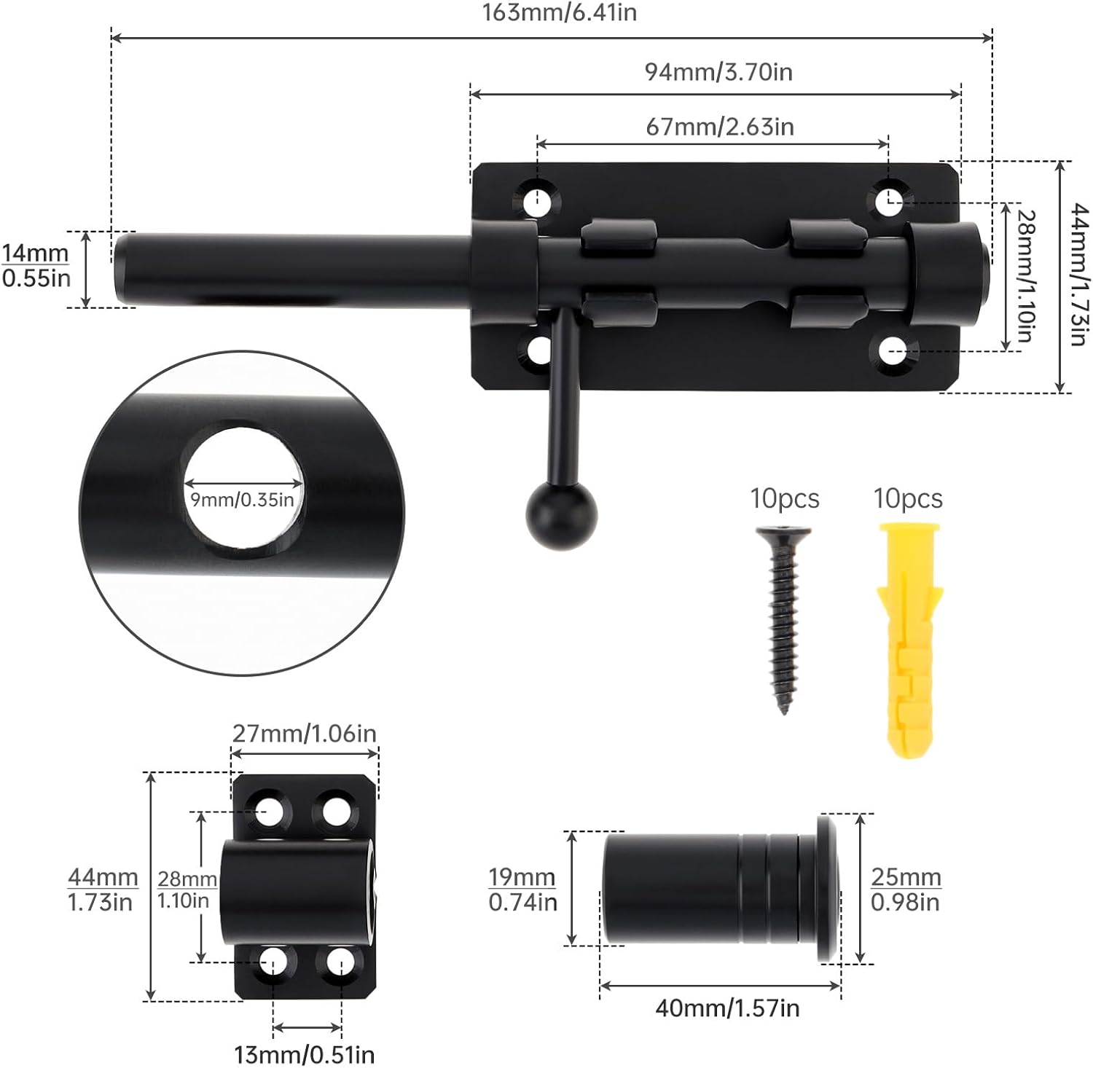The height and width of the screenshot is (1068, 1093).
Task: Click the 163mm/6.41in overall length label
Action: pos(559,13)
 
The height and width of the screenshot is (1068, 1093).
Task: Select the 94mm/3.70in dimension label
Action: pos(718,71)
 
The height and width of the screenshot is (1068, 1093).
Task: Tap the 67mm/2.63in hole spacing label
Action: pos(719,127)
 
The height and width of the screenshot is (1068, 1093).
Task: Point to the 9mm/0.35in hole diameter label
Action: pos(243,500)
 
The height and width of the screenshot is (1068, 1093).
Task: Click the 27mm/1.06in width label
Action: pos(305,733)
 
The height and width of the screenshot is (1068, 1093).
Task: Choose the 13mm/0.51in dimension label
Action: pos(304,1054)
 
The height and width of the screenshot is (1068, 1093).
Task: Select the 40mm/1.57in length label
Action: pos(726,1008)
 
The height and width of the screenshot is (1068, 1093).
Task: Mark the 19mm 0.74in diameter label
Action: pos(522,890)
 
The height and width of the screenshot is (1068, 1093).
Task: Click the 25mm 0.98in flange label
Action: pos(906,890)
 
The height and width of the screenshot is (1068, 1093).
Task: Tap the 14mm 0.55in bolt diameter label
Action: pos(36,266)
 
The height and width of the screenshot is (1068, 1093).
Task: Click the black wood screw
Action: pos(780,619)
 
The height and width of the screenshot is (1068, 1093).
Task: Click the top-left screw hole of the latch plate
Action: pos(538,199)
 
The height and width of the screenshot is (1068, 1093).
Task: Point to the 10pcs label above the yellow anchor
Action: pos(908,499)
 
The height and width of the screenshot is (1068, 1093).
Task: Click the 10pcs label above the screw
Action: pos(785,499)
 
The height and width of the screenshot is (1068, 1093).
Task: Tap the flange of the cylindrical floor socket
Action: pos(828,887)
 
